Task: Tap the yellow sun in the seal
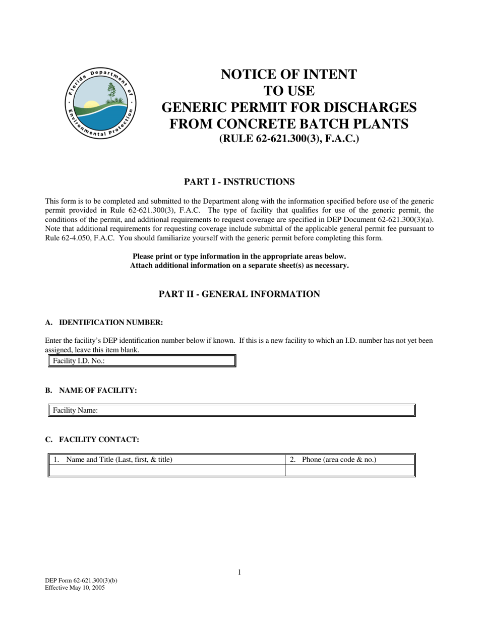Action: [91, 105]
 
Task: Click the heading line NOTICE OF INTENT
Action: [288, 75]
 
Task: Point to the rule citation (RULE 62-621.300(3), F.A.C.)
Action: [289, 139]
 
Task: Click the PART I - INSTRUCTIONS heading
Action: [239, 182]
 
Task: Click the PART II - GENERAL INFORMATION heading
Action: [239, 294]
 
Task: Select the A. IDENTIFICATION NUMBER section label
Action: [104, 323]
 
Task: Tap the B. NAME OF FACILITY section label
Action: [91, 391]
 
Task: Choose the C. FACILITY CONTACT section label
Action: [92, 440]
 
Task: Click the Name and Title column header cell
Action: [167, 460]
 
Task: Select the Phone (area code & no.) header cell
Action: [349, 460]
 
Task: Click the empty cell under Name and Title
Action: [167, 470]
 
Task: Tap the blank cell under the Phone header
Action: [349, 470]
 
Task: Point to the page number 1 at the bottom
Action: [239, 572]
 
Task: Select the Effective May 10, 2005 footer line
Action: [75, 588]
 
